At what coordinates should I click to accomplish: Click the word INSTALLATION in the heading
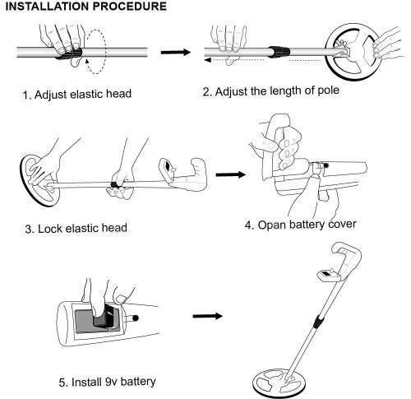pyautogui.click(x=41, y=7)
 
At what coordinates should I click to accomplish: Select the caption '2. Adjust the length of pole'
pyautogui.click(x=270, y=91)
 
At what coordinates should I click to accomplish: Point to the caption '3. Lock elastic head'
pyautogui.click(x=72, y=227)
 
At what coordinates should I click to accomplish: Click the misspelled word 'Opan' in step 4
pyautogui.click(x=275, y=224)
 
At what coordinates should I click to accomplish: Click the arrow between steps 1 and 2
pyautogui.click(x=170, y=52)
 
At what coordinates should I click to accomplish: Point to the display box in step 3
pyautogui.click(x=169, y=169)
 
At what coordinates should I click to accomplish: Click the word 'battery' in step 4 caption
pyautogui.click(x=315, y=224)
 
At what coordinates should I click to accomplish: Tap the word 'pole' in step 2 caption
pyautogui.click(x=324, y=91)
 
